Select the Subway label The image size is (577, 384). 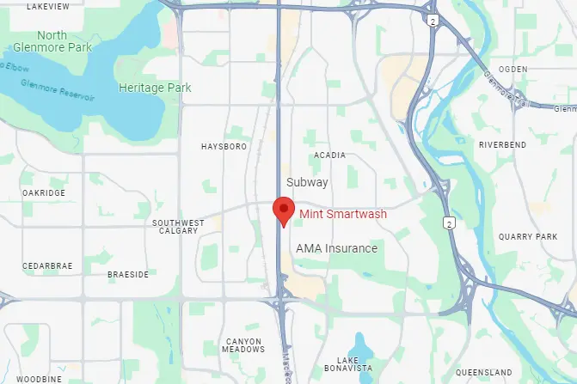tap(308, 182)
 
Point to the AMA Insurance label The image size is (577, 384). tap(336, 248)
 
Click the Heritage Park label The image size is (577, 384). tap(155, 88)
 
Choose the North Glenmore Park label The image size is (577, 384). tap(52, 41)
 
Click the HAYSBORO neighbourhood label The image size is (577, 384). tap(224, 147)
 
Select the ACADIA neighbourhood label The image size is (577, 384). tap(329, 155)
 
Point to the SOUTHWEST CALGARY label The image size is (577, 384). tap(178, 226)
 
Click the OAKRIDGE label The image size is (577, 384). tap(43, 193)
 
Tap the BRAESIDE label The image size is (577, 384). tap(128, 275)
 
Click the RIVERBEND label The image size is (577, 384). tap(502, 145)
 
